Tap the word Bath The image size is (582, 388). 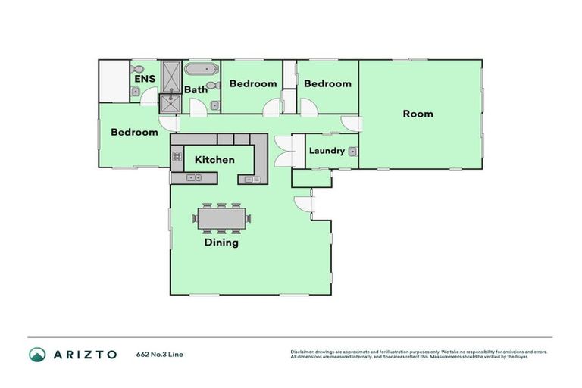[196, 89]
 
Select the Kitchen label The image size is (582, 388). [214, 160]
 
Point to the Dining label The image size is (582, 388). [221, 242]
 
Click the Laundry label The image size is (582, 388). [327, 151]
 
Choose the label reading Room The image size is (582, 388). [418, 114]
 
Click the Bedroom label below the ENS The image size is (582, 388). [134, 132]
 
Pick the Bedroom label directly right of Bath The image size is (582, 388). [253, 83]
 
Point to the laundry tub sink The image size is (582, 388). [352, 152]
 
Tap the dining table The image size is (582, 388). [221, 218]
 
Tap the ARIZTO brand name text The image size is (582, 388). [84, 354]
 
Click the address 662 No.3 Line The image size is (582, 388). [159, 354]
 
